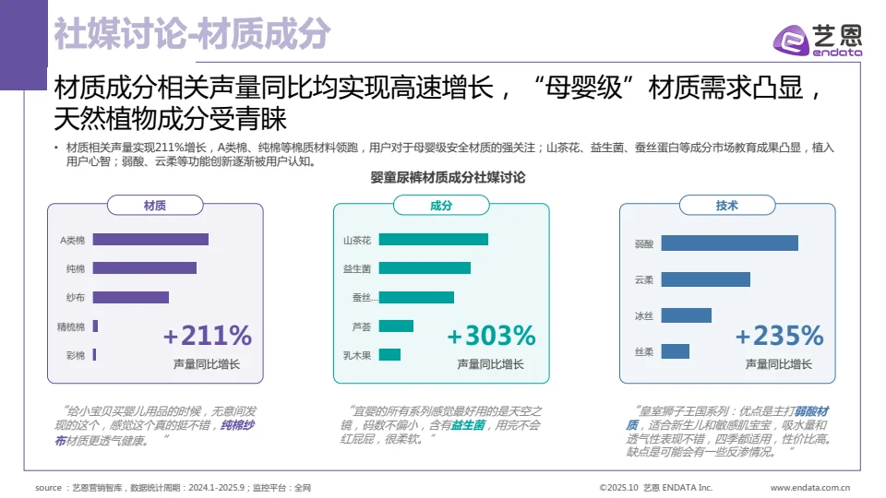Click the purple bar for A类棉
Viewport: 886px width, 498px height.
(150, 240)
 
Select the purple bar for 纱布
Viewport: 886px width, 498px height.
(130, 298)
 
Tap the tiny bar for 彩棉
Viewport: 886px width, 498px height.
(94, 355)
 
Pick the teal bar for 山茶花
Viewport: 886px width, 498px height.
(433, 240)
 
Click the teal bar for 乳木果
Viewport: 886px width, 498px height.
(389, 355)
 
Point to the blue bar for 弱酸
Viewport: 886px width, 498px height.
(729, 243)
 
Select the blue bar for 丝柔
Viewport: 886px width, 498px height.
(675, 351)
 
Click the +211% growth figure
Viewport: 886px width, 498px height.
(208, 335)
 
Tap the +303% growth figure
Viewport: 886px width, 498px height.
(491, 335)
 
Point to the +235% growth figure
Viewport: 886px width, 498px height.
(779, 335)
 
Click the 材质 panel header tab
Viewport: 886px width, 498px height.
(155, 206)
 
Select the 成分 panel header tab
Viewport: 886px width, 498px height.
(441, 206)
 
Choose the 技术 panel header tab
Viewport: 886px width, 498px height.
(726, 206)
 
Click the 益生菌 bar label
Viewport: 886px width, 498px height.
(357, 269)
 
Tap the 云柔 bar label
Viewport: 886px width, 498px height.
(644, 279)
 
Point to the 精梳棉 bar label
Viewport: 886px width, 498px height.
(71, 326)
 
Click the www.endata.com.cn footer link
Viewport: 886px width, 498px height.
(809, 487)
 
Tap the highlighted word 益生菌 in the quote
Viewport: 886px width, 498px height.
(469, 426)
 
